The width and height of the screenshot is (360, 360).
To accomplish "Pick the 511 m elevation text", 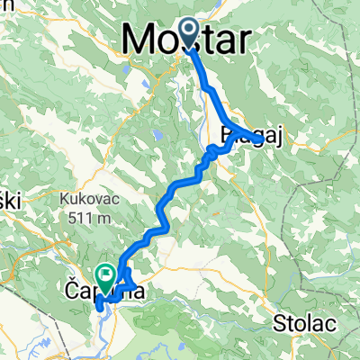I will (84, 217).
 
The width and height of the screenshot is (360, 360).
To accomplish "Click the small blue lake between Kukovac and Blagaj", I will (157, 137).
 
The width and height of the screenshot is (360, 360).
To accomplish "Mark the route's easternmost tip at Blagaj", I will (262, 139).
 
